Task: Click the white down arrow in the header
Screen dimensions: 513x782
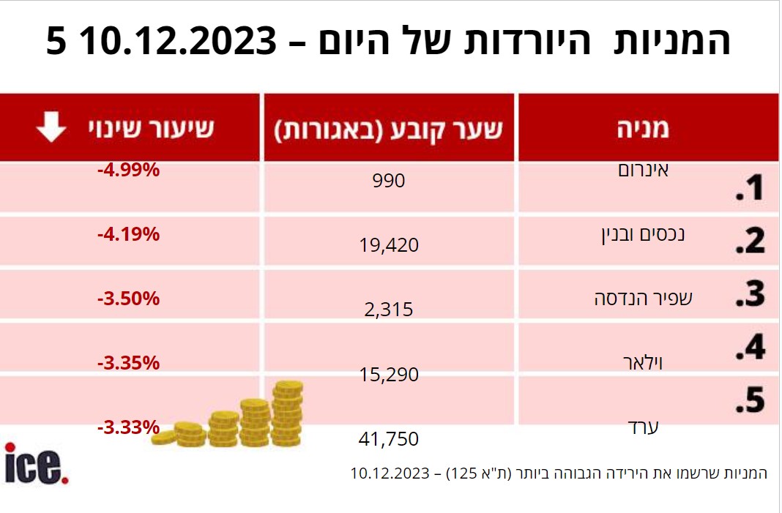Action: click(x=51, y=128)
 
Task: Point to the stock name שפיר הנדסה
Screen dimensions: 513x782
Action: click(x=633, y=299)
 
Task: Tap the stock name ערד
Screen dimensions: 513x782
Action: click(x=644, y=426)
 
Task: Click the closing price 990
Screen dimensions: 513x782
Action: click(x=389, y=180)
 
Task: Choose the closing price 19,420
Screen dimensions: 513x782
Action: click(x=389, y=245)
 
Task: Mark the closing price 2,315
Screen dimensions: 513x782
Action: click(x=388, y=310)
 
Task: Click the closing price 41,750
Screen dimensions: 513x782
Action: click(x=389, y=439)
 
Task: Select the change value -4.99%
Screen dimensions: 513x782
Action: click(x=128, y=171)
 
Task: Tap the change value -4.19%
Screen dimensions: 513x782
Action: click(x=128, y=235)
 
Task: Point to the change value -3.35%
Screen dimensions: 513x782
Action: click(x=128, y=363)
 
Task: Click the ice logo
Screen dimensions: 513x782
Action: click(x=37, y=464)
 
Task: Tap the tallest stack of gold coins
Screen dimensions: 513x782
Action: click(x=288, y=413)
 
